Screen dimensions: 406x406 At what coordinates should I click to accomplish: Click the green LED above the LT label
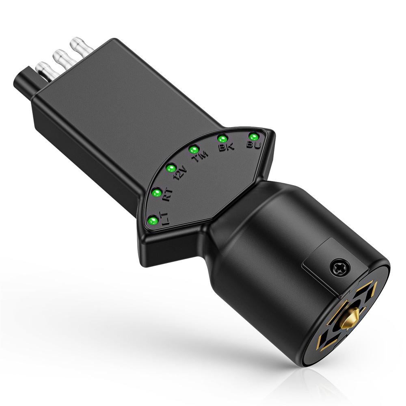tap(153, 221)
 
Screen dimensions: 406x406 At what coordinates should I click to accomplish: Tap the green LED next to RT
tap(156, 192)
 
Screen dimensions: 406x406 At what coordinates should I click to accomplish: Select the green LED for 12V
tap(171, 168)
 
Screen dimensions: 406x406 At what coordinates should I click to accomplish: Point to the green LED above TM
tap(193, 150)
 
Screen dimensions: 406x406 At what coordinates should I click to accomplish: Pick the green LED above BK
tap(222, 139)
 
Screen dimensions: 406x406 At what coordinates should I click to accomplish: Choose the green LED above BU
tap(254, 136)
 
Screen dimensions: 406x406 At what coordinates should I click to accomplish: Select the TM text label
tap(201, 157)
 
